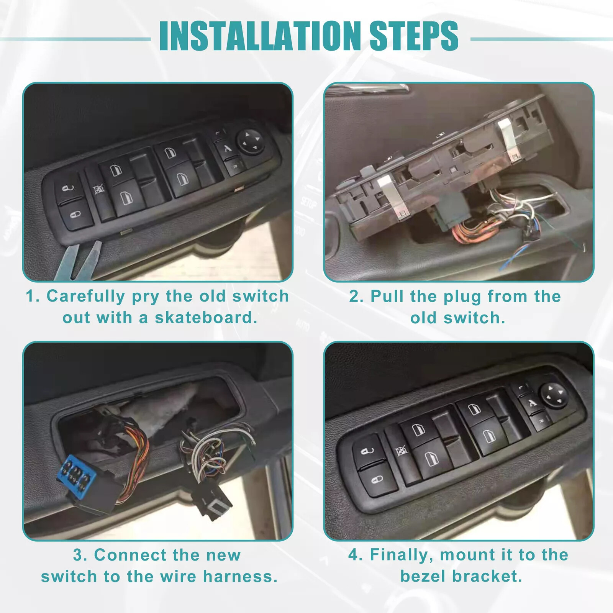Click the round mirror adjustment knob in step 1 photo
(251, 141)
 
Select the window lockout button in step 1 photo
(99, 189)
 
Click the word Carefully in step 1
(86, 296)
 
